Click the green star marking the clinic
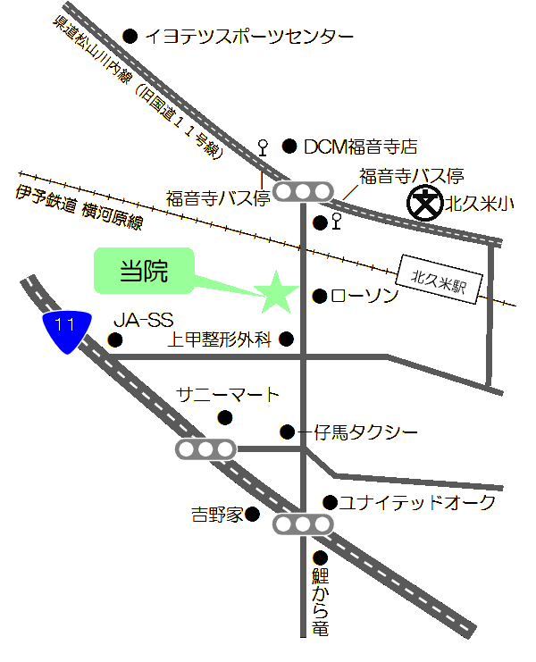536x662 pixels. (275, 293)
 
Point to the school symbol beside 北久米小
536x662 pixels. (423, 204)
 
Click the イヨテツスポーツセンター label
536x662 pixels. (249, 37)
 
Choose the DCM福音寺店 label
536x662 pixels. (360, 146)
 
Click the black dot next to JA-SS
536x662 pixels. (114, 339)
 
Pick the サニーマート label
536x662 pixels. (228, 395)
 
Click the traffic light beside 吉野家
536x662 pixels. (302, 524)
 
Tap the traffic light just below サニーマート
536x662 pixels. (205, 449)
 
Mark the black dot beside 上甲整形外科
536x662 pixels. (286, 339)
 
